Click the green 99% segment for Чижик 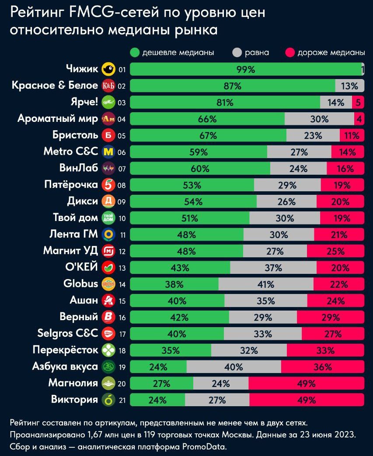click(246, 69)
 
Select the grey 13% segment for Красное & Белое click(349, 86)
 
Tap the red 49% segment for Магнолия click(306, 384)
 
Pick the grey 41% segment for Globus click(265, 284)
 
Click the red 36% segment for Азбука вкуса click(322, 367)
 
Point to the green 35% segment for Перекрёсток click(171, 351)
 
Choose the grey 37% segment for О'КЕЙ click(273, 268)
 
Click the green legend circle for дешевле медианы click(135, 53)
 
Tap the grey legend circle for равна click(237, 53)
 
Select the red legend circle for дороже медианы click(290, 53)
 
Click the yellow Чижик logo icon click(108, 69)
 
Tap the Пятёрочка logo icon click(108, 185)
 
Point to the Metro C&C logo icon click(108, 152)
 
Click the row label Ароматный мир click(57, 118)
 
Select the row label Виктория click(74, 400)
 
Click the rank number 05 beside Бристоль click(122, 136)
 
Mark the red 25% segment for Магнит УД click(335, 251)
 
